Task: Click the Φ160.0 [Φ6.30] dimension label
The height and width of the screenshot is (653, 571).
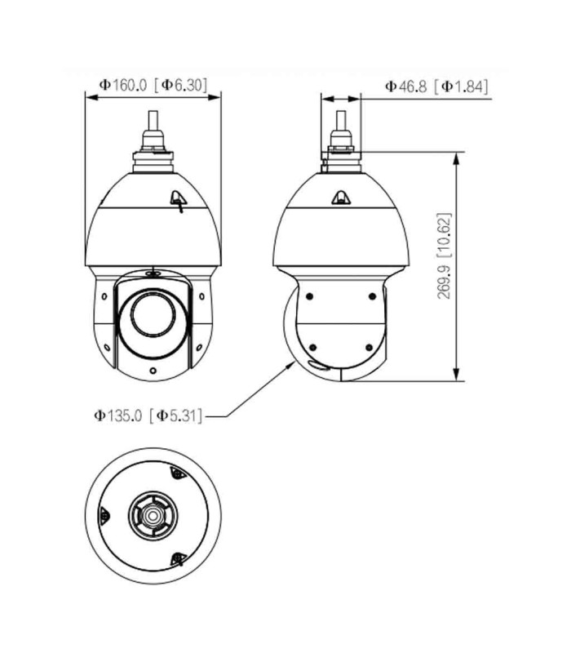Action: click(x=153, y=86)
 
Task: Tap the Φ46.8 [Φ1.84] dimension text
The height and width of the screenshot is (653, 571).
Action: click(x=436, y=87)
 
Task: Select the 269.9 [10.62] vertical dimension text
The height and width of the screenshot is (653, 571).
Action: click(x=444, y=255)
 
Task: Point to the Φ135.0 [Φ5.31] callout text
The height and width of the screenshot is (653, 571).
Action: click(x=148, y=415)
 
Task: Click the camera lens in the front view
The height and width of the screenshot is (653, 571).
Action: click(x=153, y=313)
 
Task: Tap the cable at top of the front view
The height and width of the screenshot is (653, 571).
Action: click(x=153, y=121)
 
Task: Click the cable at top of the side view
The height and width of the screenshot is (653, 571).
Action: click(x=341, y=121)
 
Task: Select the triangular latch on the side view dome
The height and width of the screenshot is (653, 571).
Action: click(x=341, y=198)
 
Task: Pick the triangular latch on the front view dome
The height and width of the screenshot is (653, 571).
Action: click(x=178, y=199)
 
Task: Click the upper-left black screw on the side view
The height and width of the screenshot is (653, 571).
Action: click(x=309, y=296)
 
